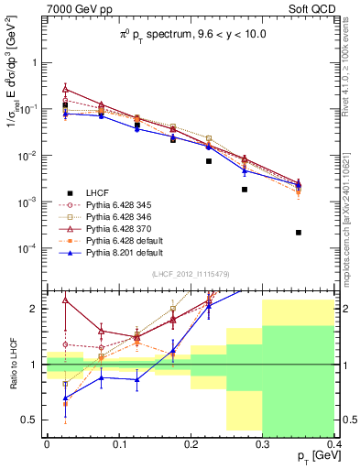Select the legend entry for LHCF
coord(99,191)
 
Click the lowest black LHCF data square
coord(299,233)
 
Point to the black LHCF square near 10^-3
coord(245,190)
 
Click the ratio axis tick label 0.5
coord(30,420)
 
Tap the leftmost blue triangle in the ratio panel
coord(65,398)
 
